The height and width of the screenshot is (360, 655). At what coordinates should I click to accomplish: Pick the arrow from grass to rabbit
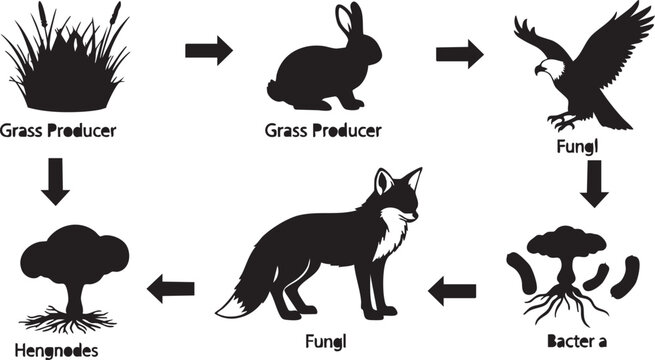tap(208, 49)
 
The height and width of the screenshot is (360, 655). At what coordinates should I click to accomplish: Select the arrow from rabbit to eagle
tap(461, 54)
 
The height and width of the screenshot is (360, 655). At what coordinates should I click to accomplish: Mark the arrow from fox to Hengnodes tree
tap(170, 289)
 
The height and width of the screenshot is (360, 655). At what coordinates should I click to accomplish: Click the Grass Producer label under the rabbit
tap(323, 131)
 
